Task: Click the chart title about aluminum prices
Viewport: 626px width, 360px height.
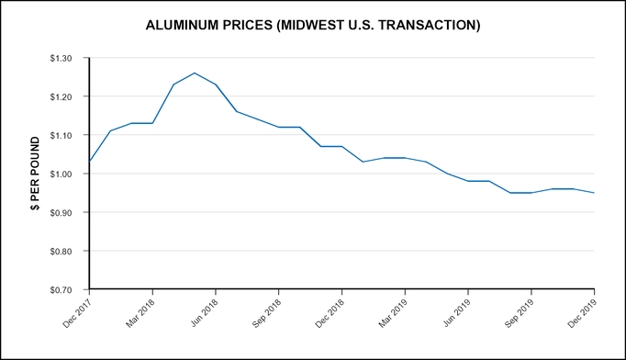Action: click(313, 25)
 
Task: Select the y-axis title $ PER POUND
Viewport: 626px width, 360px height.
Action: click(35, 174)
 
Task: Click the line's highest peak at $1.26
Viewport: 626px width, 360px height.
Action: click(195, 73)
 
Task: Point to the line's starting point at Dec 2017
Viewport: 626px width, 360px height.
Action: click(89, 162)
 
